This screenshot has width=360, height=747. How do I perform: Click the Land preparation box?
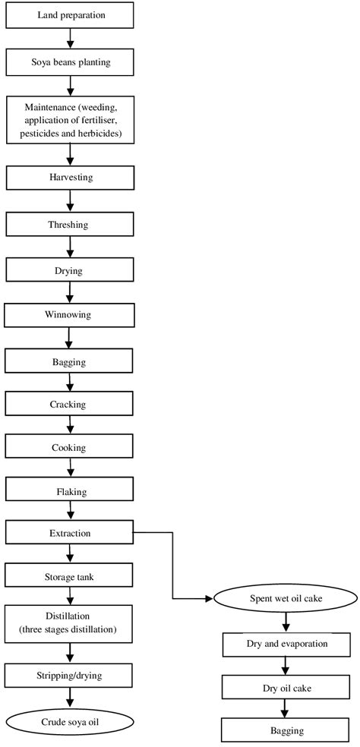point(71,14)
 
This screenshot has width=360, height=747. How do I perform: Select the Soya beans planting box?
point(71,62)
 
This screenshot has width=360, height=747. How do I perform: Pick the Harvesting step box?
point(71,178)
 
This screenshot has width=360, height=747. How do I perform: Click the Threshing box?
point(71,224)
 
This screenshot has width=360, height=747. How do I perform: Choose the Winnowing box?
point(71,314)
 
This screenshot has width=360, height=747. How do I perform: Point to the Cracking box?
point(71,404)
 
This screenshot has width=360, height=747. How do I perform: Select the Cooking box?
point(71,447)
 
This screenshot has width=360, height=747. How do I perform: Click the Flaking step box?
point(71,491)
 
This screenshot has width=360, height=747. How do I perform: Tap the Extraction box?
point(71,533)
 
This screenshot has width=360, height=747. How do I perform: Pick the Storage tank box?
point(71,577)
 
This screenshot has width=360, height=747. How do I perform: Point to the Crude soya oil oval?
point(71,723)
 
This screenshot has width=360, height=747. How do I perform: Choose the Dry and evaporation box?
point(286,644)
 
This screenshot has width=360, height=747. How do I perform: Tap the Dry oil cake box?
point(286,688)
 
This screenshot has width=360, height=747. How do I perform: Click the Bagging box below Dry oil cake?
point(286,730)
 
